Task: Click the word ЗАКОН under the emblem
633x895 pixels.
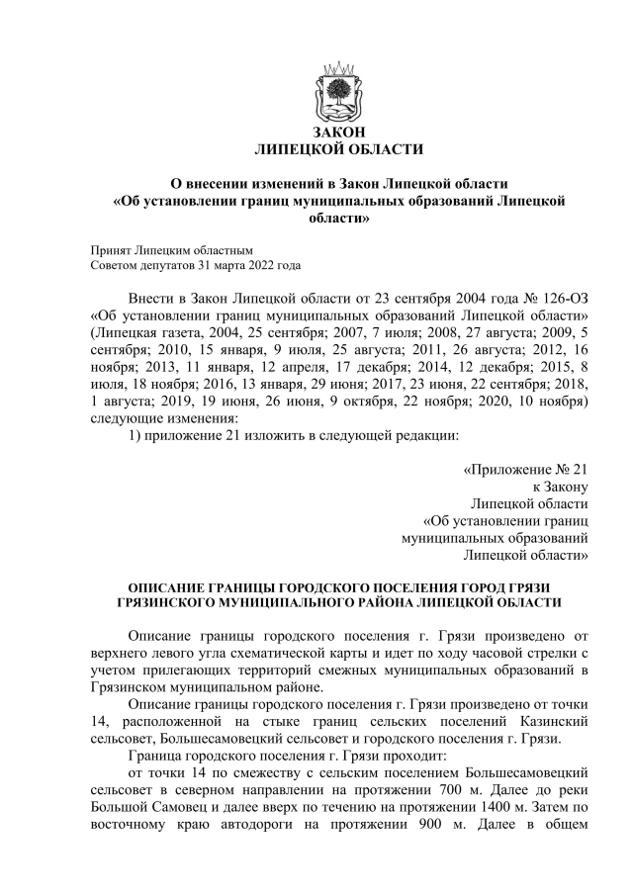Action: [338, 133]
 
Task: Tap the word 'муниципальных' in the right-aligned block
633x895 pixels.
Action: [449, 539]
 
